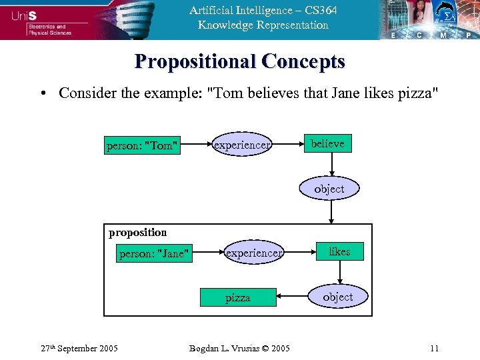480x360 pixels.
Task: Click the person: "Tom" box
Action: point(143,145)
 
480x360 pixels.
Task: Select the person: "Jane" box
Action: point(154,253)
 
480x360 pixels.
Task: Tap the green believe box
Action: point(327,143)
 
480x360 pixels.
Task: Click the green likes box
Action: point(339,251)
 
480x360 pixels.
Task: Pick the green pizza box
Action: point(238,297)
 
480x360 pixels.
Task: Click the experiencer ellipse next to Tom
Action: point(241,145)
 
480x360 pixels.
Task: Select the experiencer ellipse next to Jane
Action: point(254,253)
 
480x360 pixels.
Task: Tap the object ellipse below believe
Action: point(329,189)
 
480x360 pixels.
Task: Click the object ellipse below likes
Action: point(338,297)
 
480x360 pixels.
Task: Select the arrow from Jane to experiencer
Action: point(207,253)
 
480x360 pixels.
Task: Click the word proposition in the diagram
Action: point(137,233)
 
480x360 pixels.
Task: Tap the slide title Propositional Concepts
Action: point(240,61)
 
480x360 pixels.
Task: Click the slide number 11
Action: point(434,348)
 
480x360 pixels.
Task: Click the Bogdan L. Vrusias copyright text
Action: point(239,348)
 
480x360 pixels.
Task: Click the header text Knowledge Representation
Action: point(263,25)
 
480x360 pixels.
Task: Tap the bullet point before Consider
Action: point(42,93)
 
